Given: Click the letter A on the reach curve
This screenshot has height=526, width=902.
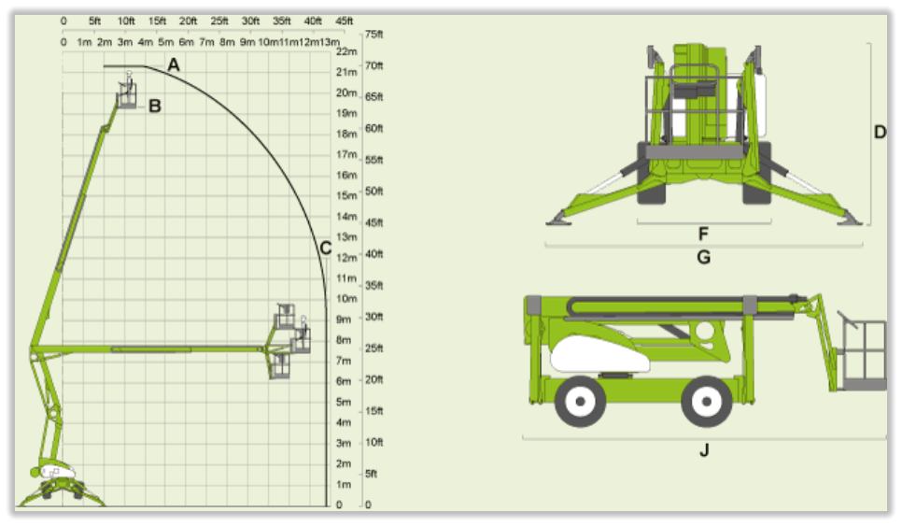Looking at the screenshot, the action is pyautogui.click(x=173, y=65).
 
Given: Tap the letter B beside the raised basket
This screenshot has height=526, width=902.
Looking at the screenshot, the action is pyautogui.click(x=155, y=106).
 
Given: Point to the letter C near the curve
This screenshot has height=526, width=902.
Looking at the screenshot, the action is pyautogui.click(x=326, y=248).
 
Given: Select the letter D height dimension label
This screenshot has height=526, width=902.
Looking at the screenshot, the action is pyautogui.click(x=880, y=133).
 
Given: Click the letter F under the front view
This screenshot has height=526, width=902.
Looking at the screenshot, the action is pyautogui.click(x=703, y=234).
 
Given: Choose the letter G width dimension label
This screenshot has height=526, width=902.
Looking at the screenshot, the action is pyautogui.click(x=703, y=257).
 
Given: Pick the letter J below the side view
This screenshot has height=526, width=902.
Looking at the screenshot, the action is pyautogui.click(x=704, y=450).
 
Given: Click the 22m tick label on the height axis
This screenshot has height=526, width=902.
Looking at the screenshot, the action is pyautogui.click(x=346, y=51).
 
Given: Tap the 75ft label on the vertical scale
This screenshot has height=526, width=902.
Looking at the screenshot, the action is pyautogui.click(x=373, y=35).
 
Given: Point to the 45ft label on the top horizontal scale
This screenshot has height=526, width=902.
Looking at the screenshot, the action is pyautogui.click(x=344, y=21).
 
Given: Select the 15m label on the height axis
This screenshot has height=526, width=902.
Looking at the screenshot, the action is pyautogui.click(x=346, y=195).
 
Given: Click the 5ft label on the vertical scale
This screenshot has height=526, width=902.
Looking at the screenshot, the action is pyautogui.click(x=371, y=474).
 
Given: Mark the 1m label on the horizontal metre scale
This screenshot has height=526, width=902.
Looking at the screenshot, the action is pyautogui.click(x=84, y=42).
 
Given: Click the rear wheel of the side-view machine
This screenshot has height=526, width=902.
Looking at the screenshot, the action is pyautogui.click(x=580, y=401).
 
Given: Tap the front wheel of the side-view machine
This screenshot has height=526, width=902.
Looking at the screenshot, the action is pyautogui.click(x=707, y=401).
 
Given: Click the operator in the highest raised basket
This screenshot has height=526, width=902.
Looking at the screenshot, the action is pyautogui.click(x=129, y=84).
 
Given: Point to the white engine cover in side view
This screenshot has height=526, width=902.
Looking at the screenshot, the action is pyautogui.click(x=599, y=354).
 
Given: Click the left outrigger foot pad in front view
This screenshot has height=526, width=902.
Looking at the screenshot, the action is pyautogui.click(x=558, y=220).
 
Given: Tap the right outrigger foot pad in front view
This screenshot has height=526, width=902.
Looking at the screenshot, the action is pyautogui.click(x=850, y=220).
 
